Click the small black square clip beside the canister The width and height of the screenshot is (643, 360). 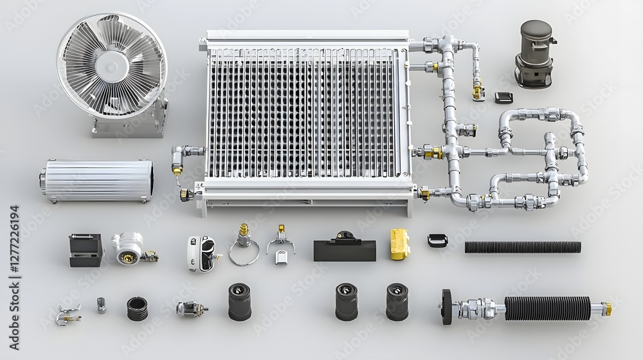tap(503, 97)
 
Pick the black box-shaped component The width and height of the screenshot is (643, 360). tap(86, 249)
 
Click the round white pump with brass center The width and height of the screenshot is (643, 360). tap(127, 248)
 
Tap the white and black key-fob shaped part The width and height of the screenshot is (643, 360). tap(201, 253)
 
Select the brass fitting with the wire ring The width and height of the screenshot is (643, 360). tap(244, 244)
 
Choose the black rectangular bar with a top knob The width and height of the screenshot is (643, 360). tap(345, 248)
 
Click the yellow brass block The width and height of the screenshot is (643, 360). tap(399, 244)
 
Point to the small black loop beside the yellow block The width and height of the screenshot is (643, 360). tap(437, 240)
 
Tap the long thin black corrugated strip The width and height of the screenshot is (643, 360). tap(522, 247)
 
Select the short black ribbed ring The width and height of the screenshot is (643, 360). tap(137, 309)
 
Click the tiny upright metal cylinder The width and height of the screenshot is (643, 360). tap(101, 305)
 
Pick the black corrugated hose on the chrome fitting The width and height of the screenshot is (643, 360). tap(547, 308)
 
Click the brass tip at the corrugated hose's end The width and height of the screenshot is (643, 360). tap(606, 309)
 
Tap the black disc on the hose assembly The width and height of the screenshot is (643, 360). tap(447, 307)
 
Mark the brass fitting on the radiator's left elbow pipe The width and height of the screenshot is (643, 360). tap(177, 170)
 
